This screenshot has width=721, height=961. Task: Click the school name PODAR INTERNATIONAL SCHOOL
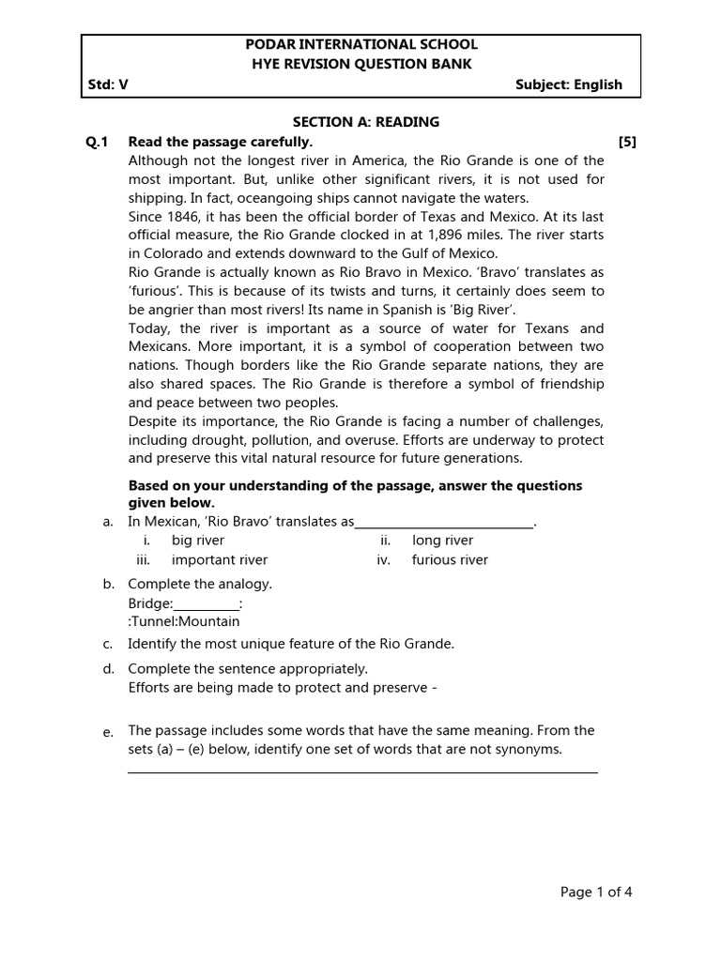[361, 44]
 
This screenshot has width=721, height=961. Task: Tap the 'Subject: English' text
[569, 84]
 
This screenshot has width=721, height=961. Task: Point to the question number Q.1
[98, 142]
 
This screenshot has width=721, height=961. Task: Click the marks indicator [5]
[627, 142]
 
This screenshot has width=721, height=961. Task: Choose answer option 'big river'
[197, 541]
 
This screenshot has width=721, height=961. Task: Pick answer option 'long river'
[442, 541]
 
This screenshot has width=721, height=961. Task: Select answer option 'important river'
[219, 560]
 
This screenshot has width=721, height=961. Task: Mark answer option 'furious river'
[450, 560]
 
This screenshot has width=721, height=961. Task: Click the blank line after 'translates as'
[444, 524]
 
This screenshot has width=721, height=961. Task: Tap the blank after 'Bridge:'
[207, 604]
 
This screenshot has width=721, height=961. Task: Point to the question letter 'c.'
[108, 644]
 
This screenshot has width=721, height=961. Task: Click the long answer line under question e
[362, 772]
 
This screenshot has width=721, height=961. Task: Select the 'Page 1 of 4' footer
[596, 892]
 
